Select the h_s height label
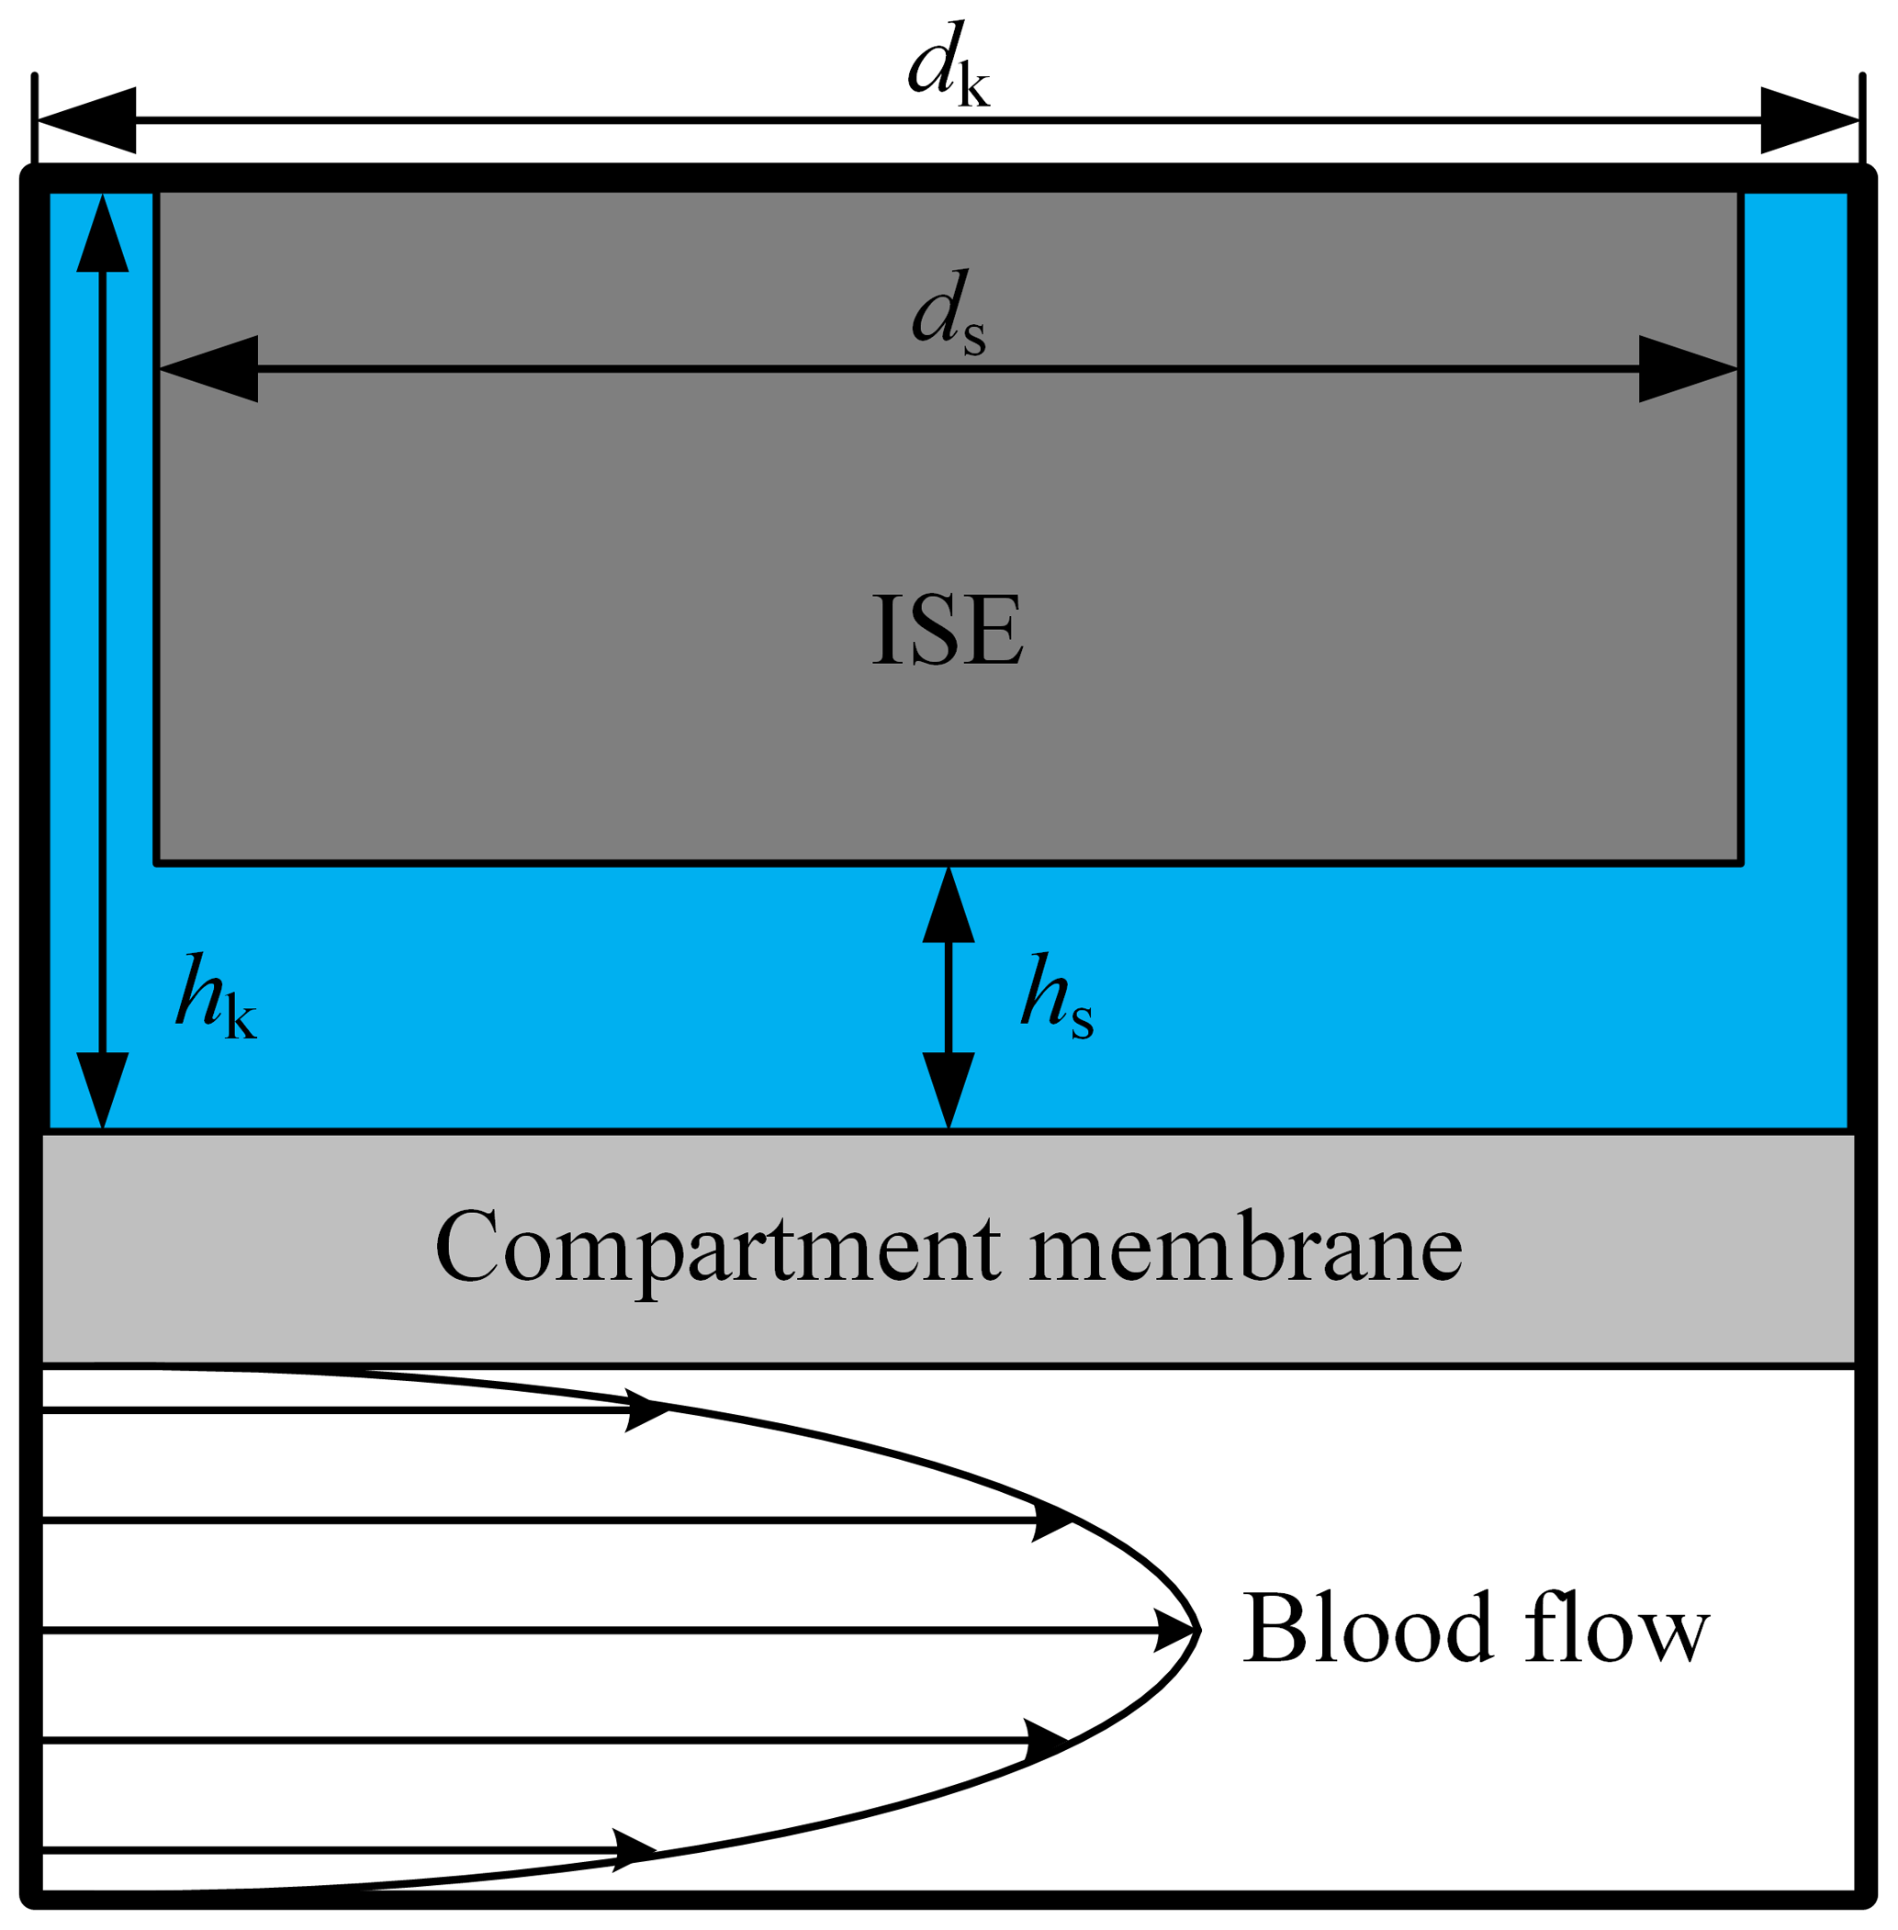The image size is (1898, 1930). (x=1057, y=998)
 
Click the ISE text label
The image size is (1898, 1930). (x=947, y=629)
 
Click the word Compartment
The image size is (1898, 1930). (x=717, y=1248)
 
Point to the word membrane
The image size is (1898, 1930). (x=1245, y=1248)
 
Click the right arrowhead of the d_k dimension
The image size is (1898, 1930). (x=1808, y=120)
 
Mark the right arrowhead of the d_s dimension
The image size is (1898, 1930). (x=1687, y=369)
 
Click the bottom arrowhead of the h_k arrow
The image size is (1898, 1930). (x=103, y=1089)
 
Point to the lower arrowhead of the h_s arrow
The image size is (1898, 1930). (x=948, y=1089)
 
